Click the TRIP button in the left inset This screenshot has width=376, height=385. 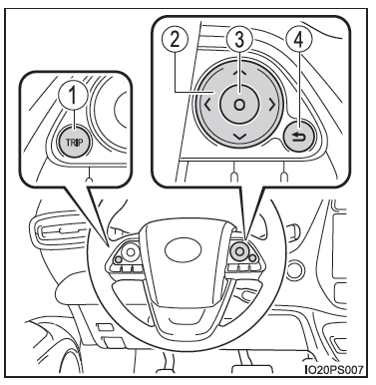click(x=74, y=142)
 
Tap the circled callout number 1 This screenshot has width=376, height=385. click(x=73, y=96)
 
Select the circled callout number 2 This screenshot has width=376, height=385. click(x=175, y=41)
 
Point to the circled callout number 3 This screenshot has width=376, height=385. click(x=239, y=40)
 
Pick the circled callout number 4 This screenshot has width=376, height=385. click(x=299, y=41)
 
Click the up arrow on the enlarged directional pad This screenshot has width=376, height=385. click(x=238, y=72)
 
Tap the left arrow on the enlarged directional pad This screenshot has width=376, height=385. click(x=207, y=106)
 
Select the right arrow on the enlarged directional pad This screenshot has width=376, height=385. click(x=272, y=105)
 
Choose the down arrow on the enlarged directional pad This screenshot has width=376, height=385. click(x=239, y=137)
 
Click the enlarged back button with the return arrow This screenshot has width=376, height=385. click(x=299, y=137)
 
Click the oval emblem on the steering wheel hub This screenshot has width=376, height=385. click(x=183, y=250)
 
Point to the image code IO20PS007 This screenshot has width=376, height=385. click(x=334, y=369)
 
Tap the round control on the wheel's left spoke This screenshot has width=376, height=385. click(x=130, y=252)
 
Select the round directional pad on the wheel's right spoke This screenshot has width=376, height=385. click(x=238, y=251)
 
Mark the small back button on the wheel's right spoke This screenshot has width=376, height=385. click(x=252, y=257)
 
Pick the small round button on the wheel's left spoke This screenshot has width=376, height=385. click(x=118, y=260)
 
